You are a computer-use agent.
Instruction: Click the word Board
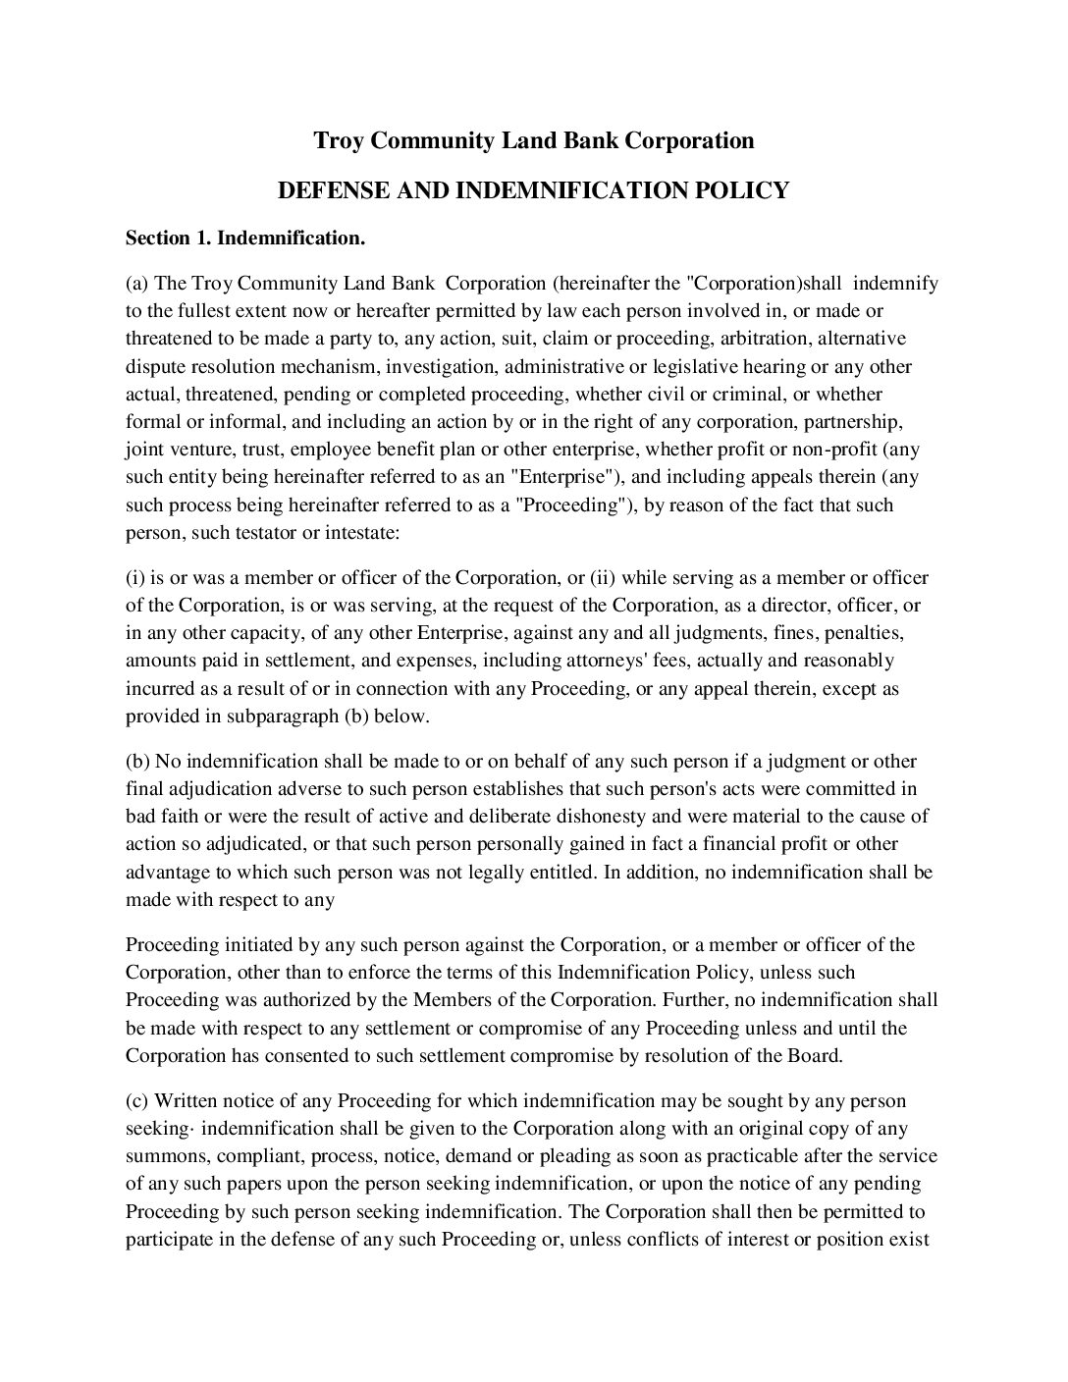coord(816,1056)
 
